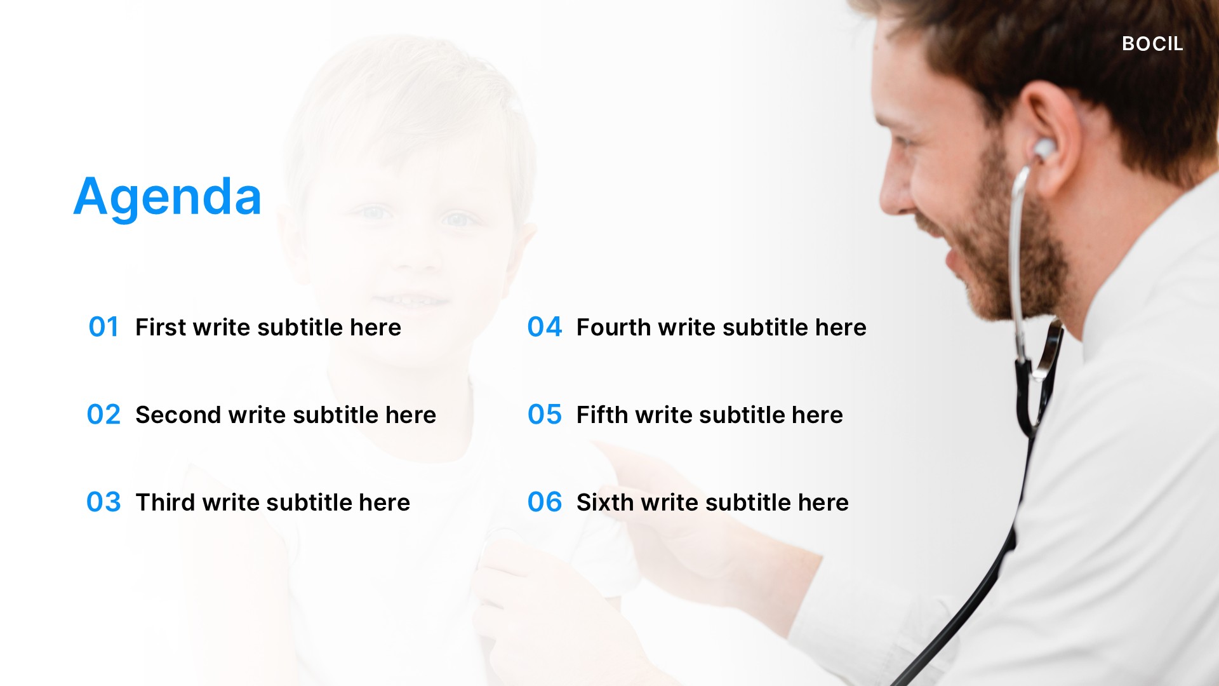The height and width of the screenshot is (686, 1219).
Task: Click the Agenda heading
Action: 168,197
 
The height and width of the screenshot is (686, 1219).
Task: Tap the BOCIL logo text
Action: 1152,44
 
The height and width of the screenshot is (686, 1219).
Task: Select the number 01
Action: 103,327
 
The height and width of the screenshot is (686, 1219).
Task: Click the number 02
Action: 103,415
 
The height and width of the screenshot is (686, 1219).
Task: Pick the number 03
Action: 103,502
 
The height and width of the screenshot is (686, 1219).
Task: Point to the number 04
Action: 545,327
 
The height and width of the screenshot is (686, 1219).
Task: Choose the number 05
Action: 545,415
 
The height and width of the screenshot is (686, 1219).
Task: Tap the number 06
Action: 545,502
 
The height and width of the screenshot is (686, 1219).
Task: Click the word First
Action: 160,327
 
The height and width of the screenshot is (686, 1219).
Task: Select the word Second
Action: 178,415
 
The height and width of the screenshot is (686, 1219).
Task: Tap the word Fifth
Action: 601,415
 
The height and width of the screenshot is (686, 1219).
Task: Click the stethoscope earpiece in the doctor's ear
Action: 1042,150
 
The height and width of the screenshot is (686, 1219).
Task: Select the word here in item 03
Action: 384,502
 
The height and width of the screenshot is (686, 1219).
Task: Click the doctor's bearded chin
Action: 1003,299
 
